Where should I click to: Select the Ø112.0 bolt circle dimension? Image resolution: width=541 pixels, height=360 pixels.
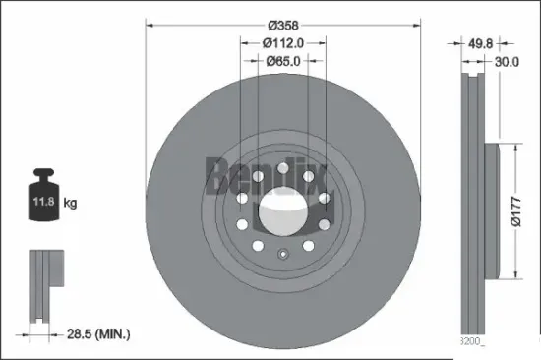click(281, 42)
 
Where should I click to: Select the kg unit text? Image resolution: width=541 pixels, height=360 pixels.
click(70, 204)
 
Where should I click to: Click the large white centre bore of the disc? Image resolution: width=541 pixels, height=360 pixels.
click(281, 209)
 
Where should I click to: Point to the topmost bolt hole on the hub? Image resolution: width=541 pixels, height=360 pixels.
click(281, 168)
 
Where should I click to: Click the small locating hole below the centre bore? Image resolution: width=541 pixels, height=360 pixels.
click(281, 258)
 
